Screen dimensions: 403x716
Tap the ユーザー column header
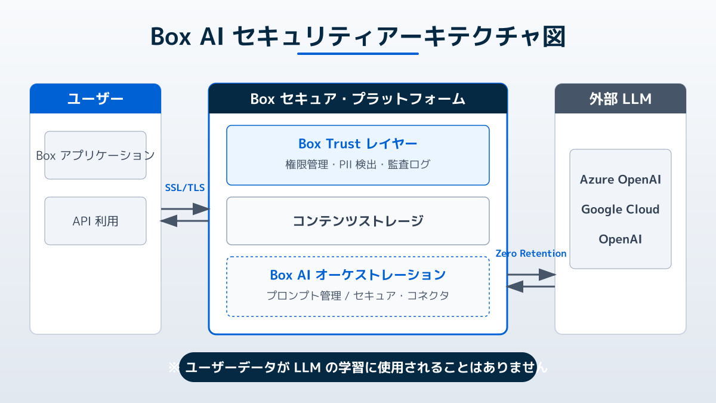point(95,99)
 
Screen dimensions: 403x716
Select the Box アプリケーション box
point(95,155)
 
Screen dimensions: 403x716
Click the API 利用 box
point(95,221)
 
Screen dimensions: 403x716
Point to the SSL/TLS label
point(184,187)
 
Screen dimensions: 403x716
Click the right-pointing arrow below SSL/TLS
point(185,209)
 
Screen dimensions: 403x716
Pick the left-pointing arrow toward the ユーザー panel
point(185,221)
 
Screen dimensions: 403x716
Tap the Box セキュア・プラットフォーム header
point(357,99)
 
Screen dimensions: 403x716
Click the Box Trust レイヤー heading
point(357,144)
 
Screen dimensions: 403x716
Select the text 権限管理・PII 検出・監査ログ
point(357,164)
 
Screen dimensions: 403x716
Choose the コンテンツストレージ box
point(357,221)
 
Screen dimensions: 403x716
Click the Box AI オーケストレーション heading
point(357,275)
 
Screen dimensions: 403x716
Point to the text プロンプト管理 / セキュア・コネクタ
point(357,296)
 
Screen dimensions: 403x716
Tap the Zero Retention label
point(531,253)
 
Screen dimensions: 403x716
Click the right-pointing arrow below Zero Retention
point(531,275)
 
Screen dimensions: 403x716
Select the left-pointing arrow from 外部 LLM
point(531,287)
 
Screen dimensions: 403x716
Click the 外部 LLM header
point(621,99)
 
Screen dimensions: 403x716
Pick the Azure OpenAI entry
point(621,180)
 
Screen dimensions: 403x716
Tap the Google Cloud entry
point(621,210)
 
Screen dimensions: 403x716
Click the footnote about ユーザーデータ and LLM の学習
point(357,367)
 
